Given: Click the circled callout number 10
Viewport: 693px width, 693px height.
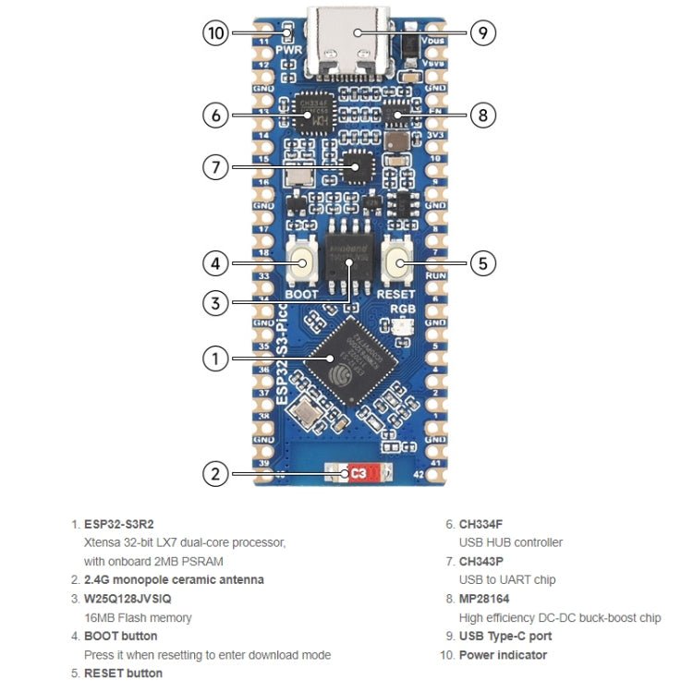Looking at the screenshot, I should pos(216,34).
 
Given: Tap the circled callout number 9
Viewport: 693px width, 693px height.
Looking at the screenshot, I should pos(483,34).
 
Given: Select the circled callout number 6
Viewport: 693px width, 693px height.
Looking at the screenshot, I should pos(216,115).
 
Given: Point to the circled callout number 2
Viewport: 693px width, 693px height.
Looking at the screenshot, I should pos(216,474).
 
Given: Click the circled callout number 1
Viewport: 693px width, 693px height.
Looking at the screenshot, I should pos(216,358).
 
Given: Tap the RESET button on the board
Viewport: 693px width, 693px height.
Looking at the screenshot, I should pos(399,262).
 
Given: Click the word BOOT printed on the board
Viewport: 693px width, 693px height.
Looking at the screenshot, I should pos(302,294).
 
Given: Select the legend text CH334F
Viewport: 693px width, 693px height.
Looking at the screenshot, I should pos(481,524).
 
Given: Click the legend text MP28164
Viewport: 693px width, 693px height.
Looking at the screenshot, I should pos(485,599).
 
